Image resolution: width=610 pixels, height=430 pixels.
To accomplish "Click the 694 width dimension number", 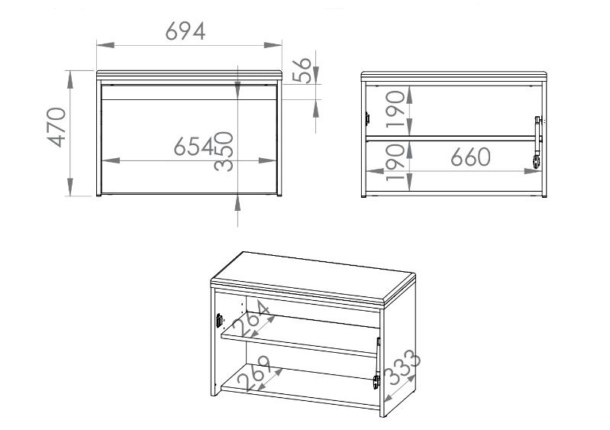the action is pyautogui.click(x=186, y=31).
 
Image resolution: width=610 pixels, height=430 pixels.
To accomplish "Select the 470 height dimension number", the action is pyautogui.click(x=56, y=127).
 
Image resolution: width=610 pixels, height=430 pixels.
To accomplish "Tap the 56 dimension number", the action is pyautogui.click(x=302, y=70).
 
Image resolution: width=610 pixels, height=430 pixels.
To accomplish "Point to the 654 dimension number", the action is pyautogui.click(x=194, y=147).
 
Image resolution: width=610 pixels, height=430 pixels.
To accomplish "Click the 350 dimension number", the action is pyautogui.click(x=224, y=151).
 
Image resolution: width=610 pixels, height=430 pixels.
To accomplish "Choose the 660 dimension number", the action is pyautogui.click(x=470, y=157).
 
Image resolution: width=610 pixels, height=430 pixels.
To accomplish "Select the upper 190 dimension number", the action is pyautogui.click(x=396, y=109).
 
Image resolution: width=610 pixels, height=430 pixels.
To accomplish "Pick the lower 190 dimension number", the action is pyautogui.click(x=396, y=162).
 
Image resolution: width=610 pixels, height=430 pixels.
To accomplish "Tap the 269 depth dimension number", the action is pyautogui.click(x=253, y=373).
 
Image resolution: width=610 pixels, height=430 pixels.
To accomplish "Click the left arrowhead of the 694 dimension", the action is pyautogui.click(x=105, y=45).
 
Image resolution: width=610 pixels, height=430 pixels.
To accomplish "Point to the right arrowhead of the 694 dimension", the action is pyautogui.click(x=273, y=45).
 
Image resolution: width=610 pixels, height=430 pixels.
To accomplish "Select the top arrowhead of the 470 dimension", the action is pyautogui.click(x=70, y=79).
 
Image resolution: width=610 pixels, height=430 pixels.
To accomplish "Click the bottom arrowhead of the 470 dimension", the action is pyautogui.click(x=70, y=187).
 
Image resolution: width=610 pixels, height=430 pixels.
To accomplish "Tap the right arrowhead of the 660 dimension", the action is pyautogui.click(x=532, y=171).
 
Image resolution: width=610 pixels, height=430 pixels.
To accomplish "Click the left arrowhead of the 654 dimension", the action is pyautogui.click(x=111, y=160).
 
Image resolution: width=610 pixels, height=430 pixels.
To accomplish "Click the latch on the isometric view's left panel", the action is pyautogui.click(x=219, y=320).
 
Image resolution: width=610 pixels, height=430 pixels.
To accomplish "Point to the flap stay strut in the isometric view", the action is pyautogui.click(x=376, y=363).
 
